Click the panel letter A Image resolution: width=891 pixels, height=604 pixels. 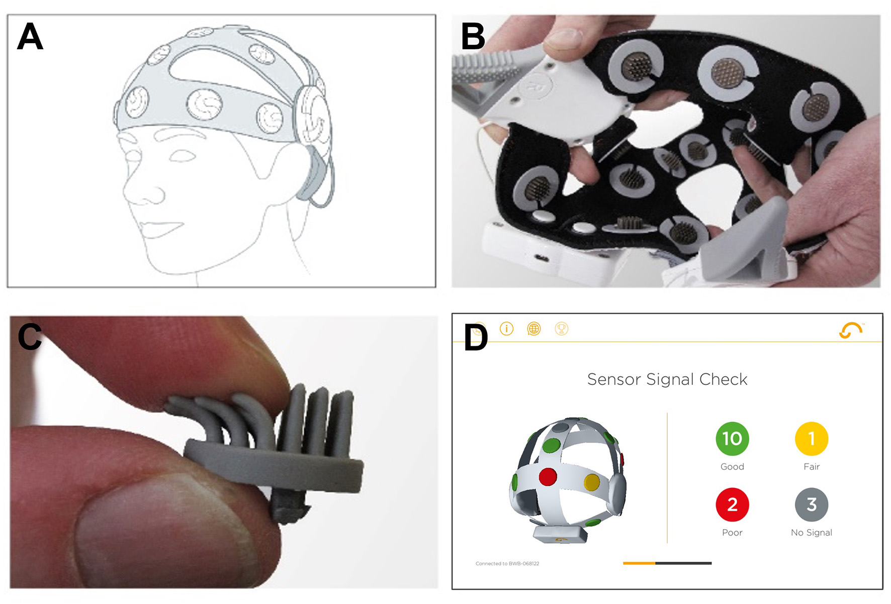[30, 36]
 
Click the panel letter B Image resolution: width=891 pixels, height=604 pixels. [473, 36]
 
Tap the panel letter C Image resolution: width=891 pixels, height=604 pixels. [30, 336]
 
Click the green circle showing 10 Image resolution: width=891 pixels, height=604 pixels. [732, 439]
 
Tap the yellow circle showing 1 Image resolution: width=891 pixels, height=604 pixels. [812, 439]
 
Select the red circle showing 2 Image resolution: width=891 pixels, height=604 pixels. [732, 505]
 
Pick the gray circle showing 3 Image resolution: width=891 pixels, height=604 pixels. [812, 505]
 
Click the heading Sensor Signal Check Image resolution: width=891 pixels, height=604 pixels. [667, 379]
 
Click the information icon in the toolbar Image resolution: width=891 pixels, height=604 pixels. [506, 329]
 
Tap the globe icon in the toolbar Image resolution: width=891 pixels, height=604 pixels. [533, 329]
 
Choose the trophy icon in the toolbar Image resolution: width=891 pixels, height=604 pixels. [561, 329]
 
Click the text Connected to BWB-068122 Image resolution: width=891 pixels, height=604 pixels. [507, 563]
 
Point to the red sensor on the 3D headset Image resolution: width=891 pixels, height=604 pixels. [548, 476]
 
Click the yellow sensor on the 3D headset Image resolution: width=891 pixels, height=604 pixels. [592, 482]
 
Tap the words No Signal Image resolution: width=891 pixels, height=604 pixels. [812, 533]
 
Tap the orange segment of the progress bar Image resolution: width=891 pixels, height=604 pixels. [639, 563]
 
